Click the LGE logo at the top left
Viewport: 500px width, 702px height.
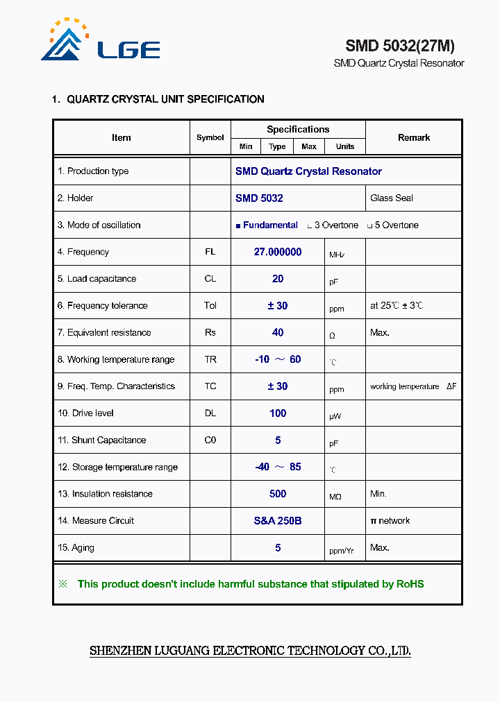[101, 42]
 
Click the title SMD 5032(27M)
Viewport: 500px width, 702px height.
[400, 46]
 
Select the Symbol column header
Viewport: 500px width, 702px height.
[210, 137]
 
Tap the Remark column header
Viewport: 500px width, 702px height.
[414, 137]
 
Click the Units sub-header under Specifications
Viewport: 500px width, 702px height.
[345, 146]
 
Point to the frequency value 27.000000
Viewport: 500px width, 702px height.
[278, 252]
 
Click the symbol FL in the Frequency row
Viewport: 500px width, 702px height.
[210, 252]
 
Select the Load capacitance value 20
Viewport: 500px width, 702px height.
[278, 279]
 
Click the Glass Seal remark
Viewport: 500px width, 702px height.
[392, 198]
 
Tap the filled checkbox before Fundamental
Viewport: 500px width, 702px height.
[238, 226]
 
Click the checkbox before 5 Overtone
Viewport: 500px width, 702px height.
[369, 226]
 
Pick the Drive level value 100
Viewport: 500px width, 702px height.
[278, 413]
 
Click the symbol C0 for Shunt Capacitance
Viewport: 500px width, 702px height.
[210, 440]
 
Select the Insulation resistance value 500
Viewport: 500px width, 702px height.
[278, 494]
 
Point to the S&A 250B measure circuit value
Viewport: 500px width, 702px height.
[278, 521]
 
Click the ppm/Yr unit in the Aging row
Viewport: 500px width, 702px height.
[342, 551]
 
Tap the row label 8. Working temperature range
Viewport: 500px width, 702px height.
[116, 359]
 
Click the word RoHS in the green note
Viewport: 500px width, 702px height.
[410, 584]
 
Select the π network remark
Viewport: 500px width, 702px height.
[390, 521]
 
